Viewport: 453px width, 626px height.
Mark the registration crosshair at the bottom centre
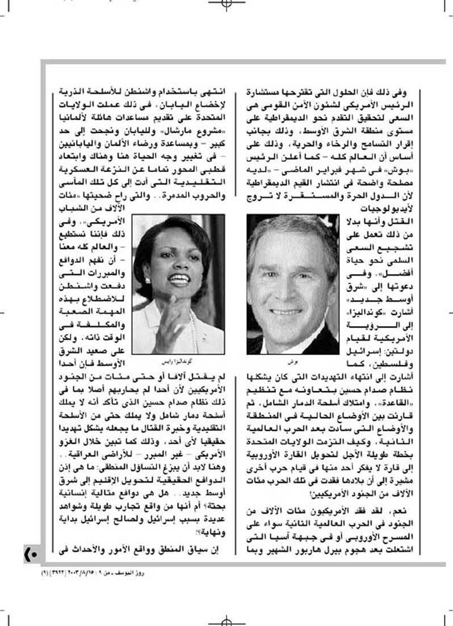227,620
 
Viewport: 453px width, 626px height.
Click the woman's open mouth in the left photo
178,279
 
